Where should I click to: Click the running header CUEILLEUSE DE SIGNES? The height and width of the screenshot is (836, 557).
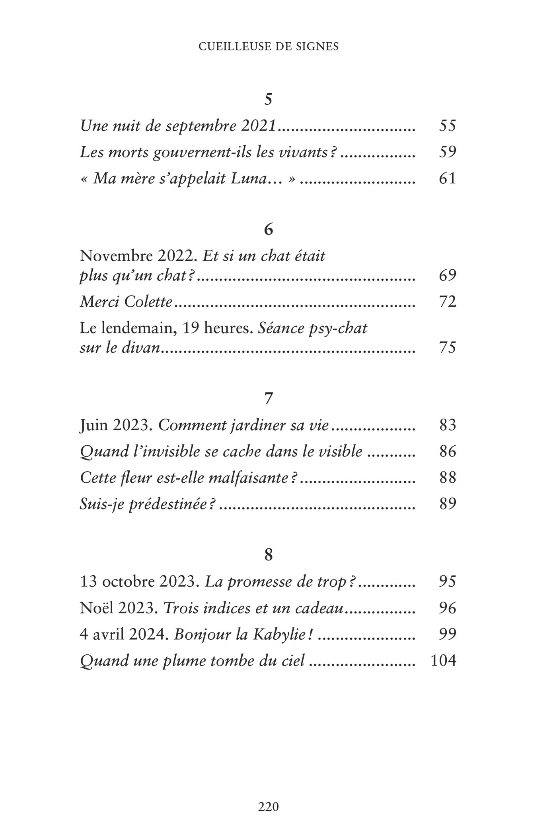coord(269,47)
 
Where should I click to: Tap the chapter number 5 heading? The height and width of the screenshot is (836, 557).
coord(269,99)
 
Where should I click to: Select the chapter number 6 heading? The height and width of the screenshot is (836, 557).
coord(269,229)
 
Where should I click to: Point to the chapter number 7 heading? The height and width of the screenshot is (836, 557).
coord(269,398)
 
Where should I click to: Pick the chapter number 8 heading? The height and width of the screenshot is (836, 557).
coord(269,555)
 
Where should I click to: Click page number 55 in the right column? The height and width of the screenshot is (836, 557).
coord(447,126)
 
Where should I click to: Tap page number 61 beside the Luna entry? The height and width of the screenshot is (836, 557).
coord(447,178)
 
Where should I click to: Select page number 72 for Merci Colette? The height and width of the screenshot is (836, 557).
coord(447,302)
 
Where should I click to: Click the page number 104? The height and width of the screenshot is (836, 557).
coord(443,661)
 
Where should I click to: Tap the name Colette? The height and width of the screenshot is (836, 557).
coord(148,302)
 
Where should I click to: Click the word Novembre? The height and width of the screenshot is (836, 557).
coord(116,256)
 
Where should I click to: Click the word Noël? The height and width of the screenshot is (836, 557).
coord(97,608)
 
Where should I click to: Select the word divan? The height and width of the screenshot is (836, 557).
coord(140,348)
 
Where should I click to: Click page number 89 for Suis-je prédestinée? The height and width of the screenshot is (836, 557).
coord(447,504)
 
